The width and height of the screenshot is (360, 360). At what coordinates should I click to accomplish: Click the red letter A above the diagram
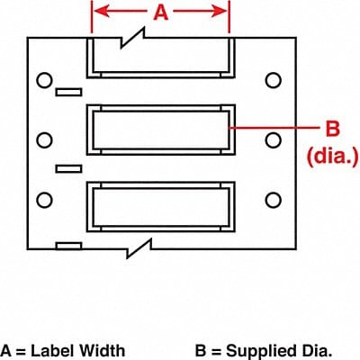[160, 13]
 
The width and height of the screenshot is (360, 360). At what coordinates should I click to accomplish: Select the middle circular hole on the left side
[42, 140]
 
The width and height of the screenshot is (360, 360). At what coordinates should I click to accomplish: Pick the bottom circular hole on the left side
[42, 197]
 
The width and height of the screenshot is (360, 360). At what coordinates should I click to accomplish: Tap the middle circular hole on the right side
[273, 140]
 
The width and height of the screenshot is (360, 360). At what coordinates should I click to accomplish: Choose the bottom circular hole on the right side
[273, 197]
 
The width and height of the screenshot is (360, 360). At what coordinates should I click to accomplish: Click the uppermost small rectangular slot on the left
[67, 92]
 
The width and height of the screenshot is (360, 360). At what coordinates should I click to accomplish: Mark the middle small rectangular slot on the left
[67, 168]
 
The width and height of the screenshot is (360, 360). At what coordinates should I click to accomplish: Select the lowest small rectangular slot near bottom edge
[67, 245]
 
